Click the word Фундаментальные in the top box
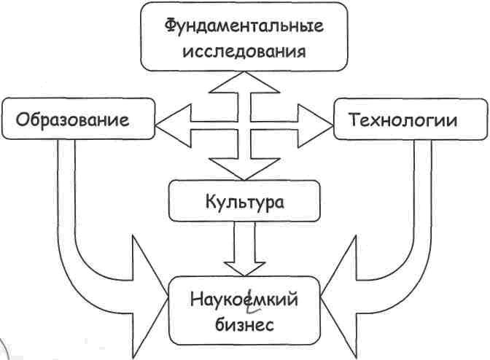(x=244, y=27)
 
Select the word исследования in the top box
(x=244, y=52)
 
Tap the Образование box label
(x=71, y=119)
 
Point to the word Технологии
(x=403, y=119)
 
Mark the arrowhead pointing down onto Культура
(x=244, y=169)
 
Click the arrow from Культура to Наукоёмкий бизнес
(x=244, y=248)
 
